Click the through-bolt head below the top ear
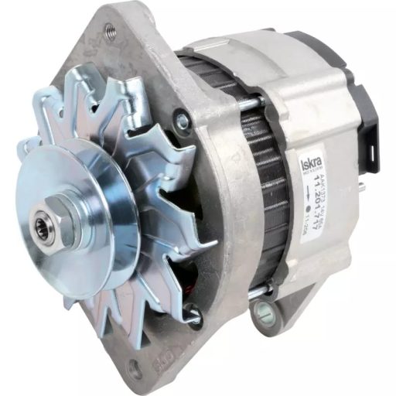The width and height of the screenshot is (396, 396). coord(183,120)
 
